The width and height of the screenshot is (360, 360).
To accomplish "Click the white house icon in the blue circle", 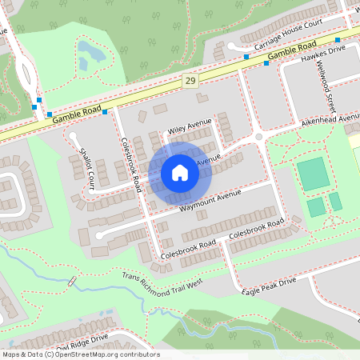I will coord(180,172).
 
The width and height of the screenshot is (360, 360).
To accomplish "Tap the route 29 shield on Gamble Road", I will coord(190,81).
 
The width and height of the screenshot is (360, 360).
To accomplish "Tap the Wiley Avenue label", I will coord(189,125).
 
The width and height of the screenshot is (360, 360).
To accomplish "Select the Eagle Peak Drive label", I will coord(269,286).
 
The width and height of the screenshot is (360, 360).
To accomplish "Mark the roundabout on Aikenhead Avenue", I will coord(258,138).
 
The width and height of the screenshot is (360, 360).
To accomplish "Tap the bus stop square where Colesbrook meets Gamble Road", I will coord(105,111).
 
